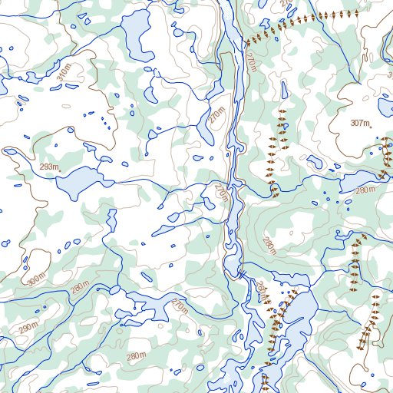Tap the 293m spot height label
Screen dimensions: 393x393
(x=49, y=167)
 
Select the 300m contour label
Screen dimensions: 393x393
(x=36, y=281)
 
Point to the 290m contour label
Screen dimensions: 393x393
(x=28, y=329)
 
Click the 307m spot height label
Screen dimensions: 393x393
(x=360, y=124)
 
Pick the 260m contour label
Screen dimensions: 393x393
(x=263, y=292)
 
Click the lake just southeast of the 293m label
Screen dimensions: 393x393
(x=81, y=182)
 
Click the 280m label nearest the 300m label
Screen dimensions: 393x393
(x=80, y=287)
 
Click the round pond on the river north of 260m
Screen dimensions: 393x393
(x=232, y=266)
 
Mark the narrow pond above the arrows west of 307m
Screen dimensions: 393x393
(x=285, y=91)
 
